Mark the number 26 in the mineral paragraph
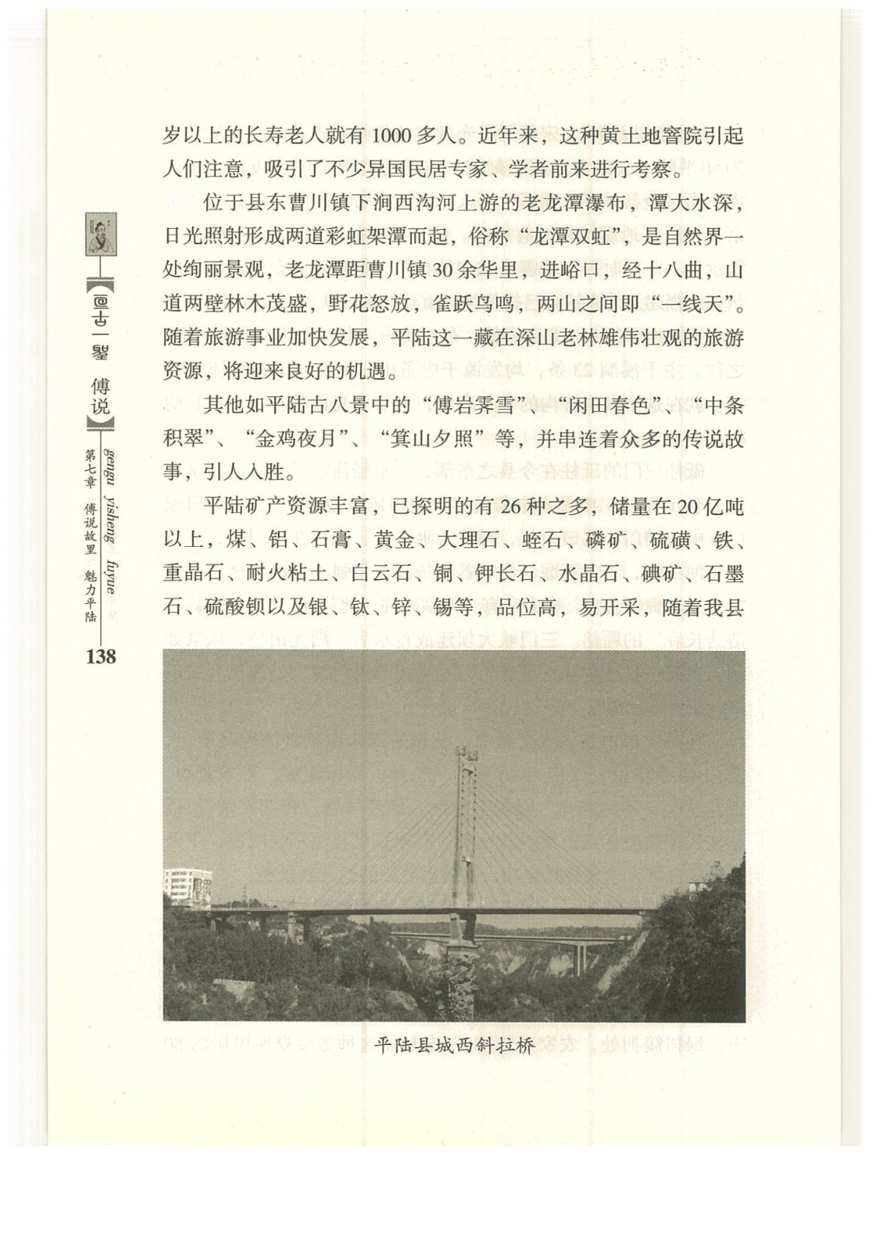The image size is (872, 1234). [x=513, y=507]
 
